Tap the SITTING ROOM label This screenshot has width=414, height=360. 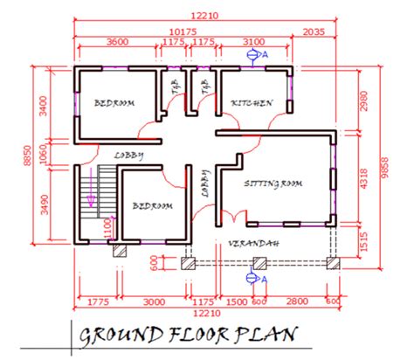(x=273, y=184)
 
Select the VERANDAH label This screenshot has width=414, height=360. (x=253, y=243)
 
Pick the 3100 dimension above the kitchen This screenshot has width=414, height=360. (x=254, y=42)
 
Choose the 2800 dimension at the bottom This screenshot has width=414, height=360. (x=297, y=301)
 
